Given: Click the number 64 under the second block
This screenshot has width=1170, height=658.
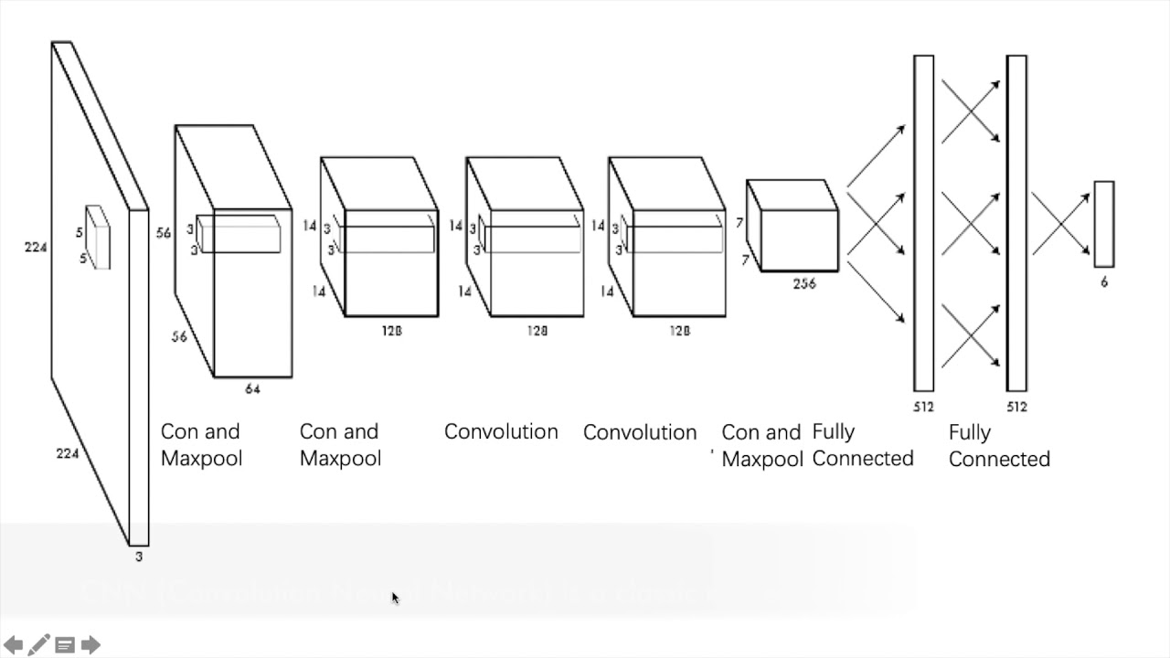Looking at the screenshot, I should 252,389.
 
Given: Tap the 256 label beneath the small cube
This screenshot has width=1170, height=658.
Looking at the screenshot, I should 804,284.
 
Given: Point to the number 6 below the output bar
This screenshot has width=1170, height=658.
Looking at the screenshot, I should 1104,282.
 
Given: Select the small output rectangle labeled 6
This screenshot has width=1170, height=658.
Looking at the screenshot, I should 1104,224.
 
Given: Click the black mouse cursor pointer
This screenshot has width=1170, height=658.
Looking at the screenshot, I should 395,598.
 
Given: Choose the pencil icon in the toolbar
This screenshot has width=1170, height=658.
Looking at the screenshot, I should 38,645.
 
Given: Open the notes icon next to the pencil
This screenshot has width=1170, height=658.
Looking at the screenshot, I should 65,645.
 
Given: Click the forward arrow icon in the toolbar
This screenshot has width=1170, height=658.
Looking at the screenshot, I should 90,645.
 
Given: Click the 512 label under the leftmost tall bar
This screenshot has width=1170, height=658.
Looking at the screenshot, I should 923,407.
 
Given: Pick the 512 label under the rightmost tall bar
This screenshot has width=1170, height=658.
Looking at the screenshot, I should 1016,407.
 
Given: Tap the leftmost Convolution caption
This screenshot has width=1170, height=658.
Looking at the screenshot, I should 501,431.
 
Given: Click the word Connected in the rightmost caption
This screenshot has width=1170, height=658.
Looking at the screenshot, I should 999,459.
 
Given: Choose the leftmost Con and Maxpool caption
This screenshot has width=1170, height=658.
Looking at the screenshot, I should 201,444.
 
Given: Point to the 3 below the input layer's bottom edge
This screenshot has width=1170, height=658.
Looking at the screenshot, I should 139,557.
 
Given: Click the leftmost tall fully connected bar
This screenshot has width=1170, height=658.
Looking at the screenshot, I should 923,223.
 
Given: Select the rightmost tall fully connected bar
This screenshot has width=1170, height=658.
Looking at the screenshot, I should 1016,223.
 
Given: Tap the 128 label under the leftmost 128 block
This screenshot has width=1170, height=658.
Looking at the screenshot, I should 391,331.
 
